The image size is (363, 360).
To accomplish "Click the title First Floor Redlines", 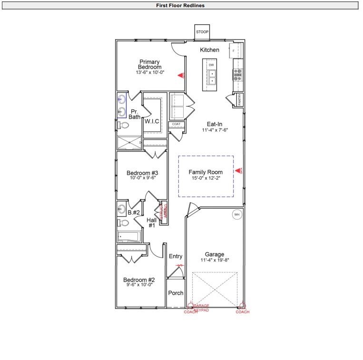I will click(180, 6).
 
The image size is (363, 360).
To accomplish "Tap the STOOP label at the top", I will click(202, 32).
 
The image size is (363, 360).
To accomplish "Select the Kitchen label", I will click(209, 50).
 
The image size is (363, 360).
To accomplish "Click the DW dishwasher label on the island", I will click(211, 64).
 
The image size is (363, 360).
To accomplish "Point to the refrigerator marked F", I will click(234, 50).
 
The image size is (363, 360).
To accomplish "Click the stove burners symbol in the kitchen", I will click(237, 74).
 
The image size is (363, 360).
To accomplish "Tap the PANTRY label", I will click(240, 100).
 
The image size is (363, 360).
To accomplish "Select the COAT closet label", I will click(176, 124).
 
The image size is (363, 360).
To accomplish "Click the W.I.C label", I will click(152, 121).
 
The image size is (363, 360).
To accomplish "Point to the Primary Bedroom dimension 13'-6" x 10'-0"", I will click(150, 72).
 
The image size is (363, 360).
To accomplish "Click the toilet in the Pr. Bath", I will click(123, 125).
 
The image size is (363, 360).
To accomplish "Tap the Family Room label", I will click(206, 172).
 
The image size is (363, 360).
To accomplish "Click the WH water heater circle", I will click(236, 215).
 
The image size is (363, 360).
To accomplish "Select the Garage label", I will click(215, 254).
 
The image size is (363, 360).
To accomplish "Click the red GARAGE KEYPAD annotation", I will click(201, 308).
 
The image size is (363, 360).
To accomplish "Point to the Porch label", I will click(176, 293).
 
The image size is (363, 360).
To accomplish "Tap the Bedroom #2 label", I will click(139, 280).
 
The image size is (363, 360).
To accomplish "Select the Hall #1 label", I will click(152, 222).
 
